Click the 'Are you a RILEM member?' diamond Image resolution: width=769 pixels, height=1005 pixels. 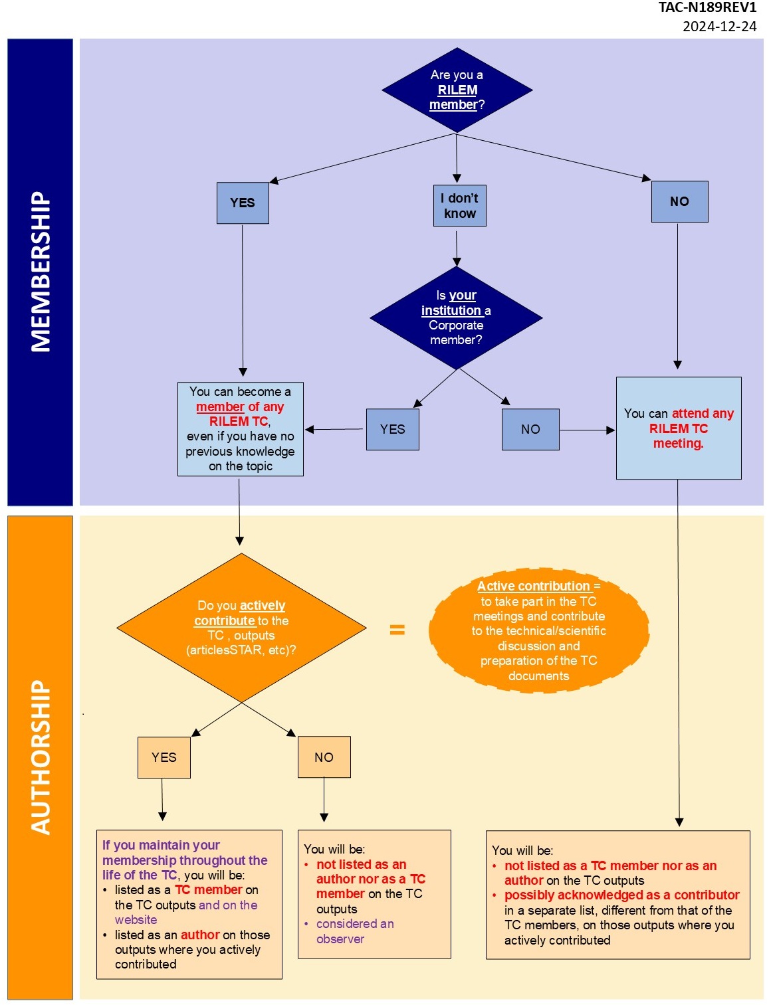(457, 90)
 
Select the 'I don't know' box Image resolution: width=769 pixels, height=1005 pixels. (459, 206)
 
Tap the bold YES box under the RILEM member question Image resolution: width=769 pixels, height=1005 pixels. (243, 203)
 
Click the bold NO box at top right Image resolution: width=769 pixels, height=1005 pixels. (679, 201)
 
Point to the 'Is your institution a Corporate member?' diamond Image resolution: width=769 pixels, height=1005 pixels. (456, 318)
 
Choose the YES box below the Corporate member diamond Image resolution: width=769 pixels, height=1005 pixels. (392, 430)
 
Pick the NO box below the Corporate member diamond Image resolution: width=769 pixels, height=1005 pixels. (530, 430)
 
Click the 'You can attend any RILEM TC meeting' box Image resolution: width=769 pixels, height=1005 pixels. (679, 428)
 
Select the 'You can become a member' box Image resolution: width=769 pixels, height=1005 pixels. (240, 429)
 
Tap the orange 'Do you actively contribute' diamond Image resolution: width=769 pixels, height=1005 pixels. (241, 628)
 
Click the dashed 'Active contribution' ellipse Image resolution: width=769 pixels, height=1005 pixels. (538, 630)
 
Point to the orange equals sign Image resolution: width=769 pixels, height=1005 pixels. (397, 630)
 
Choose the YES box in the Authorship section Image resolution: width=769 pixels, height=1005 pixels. (164, 757)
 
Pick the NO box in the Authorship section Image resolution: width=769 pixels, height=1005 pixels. (324, 757)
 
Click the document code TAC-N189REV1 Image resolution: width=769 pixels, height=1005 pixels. (707, 8)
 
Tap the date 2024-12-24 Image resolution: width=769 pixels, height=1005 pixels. (719, 27)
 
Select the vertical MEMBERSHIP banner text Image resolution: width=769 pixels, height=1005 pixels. (41, 272)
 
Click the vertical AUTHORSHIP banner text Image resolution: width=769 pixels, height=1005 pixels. (41, 757)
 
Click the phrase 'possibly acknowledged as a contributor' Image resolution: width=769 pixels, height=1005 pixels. (621, 895)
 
